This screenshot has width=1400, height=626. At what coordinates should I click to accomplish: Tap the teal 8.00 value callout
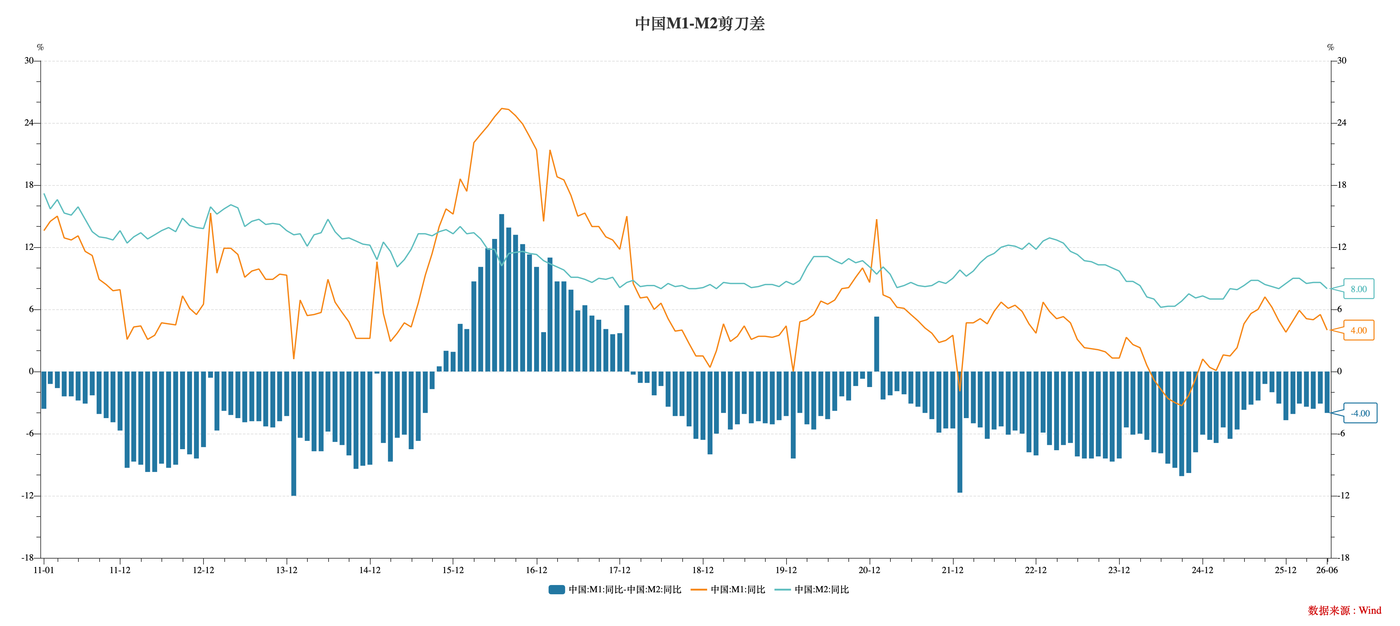pyautogui.click(x=1359, y=289)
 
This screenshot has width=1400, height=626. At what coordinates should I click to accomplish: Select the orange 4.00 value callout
pyautogui.click(x=1359, y=330)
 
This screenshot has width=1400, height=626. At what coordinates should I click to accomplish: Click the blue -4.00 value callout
pyautogui.click(x=1360, y=413)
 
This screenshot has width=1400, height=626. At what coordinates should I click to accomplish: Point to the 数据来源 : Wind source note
pyautogui.click(x=1344, y=610)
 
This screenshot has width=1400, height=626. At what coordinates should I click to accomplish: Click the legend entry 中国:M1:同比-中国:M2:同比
pyautogui.click(x=615, y=590)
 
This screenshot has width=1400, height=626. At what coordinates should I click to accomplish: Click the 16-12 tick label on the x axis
pyautogui.click(x=536, y=570)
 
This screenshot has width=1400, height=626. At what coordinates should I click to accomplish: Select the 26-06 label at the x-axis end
pyautogui.click(x=1327, y=570)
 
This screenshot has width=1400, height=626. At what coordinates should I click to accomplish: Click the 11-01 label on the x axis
pyautogui.click(x=44, y=570)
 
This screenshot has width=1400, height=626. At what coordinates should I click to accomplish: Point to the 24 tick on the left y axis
pyautogui.click(x=29, y=123)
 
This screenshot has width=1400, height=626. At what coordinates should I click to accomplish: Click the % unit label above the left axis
pyautogui.click(x=40, y=47)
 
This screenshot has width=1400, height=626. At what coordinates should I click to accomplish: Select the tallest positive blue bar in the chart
pyautogui.click(x=502, y=293)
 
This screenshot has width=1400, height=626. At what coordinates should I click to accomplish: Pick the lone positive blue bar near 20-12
pyautogui.click(x=877, y=344)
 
